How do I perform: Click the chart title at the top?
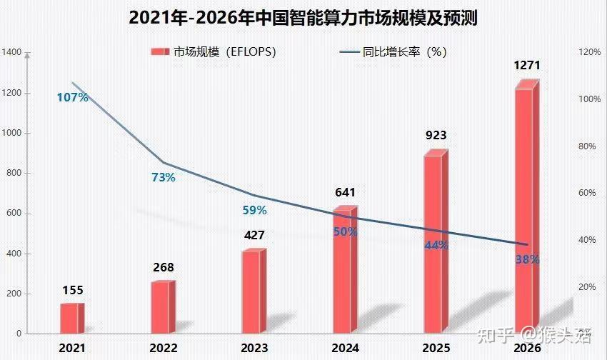coord(303,18)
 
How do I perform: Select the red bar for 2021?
coord(71,318)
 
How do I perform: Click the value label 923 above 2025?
coord(436,136)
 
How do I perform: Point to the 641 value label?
coord(346,192)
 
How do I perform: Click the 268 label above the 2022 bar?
coord(163,268)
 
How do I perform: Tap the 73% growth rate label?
coord(163,177)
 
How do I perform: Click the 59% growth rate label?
coord(254,210)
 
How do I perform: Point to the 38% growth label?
coord(527,259)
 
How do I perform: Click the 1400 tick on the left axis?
coord(12,52)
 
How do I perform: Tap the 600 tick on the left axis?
coord(14,214)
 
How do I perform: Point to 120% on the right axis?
coord(590,52)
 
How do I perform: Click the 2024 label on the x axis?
coord(346,348)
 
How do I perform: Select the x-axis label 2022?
coord(163,348)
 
